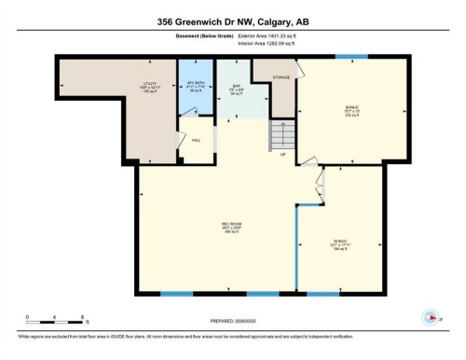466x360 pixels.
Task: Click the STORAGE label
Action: point(282,76)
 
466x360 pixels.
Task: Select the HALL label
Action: point(196,140)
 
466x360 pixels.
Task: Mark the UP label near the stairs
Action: point(283,156)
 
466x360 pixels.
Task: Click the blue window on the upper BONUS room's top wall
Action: point(350,58)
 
